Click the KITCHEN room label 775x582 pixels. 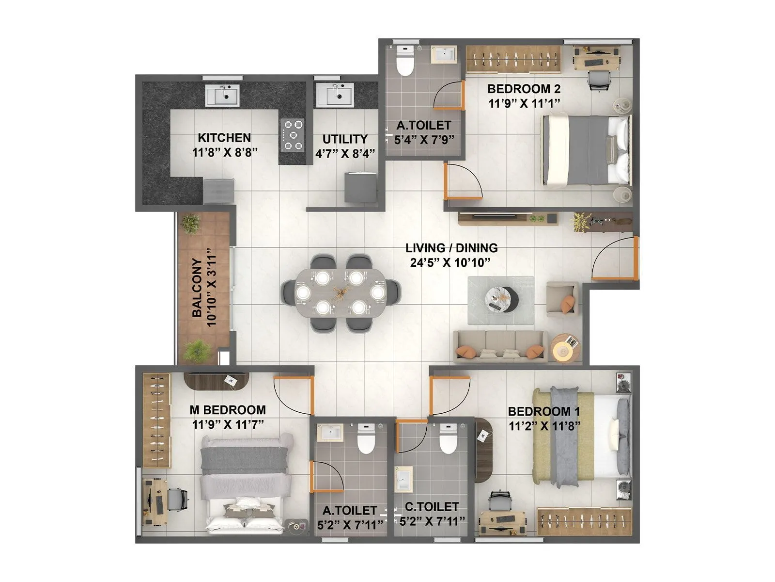(x=224, y=138)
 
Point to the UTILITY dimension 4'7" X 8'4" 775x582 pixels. (x=345, y=154)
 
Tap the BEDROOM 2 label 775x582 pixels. (x=524, y=89)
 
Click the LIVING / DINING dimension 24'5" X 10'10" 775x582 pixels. (x=451, y=262)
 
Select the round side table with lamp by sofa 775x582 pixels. (x=565, y=347)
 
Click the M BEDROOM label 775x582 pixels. (x=227, y=410)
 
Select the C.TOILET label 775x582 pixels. (x=432, y=507)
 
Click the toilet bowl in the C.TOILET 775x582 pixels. (x=448, y=438)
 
